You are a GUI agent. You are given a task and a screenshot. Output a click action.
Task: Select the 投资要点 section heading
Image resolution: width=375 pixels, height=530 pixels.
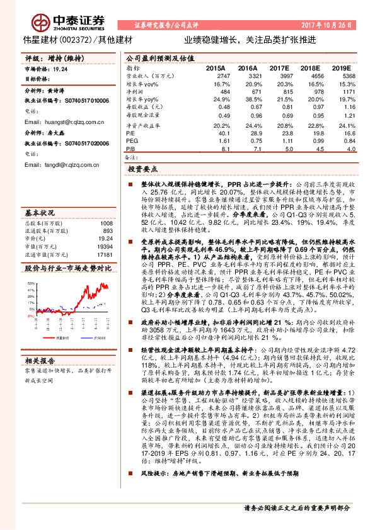142,169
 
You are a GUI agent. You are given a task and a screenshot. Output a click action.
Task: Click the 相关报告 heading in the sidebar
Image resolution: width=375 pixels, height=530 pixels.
42,360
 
